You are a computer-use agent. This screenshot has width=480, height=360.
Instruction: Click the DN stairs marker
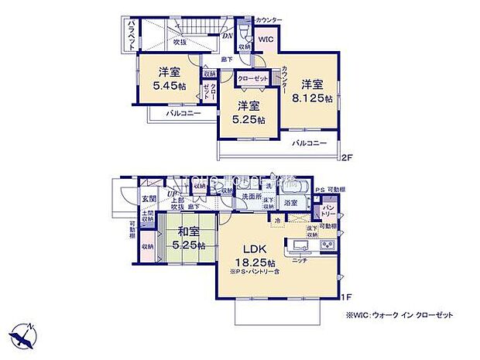tap(228, 35)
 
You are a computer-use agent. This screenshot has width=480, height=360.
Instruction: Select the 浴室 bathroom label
tap(290, 203)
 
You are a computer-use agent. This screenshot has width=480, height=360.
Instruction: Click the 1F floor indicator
tap(347, 296)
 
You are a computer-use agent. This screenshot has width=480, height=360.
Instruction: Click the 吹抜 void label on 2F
tap(180, 43)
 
